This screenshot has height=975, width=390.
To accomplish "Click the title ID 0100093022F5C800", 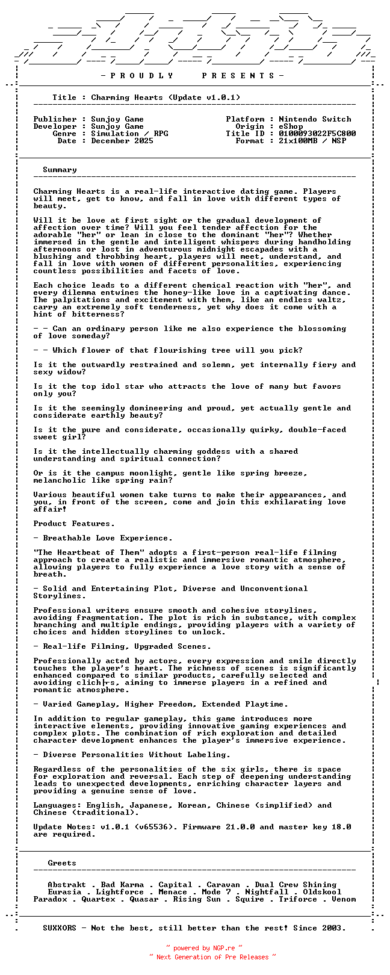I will (x=317, y=134).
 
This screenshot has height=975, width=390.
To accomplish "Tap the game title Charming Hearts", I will (x=127, y=97).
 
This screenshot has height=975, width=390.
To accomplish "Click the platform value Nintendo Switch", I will (x=315, y=119).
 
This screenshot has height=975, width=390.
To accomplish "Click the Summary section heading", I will (x=60, y=170).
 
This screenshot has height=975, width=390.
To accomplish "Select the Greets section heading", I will (x=62, y=863).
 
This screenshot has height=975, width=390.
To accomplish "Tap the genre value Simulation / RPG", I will (x=129, y=134).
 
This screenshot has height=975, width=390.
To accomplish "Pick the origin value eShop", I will (x=291, y=126).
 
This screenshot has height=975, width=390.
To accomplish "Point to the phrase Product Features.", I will (x=74, y=524).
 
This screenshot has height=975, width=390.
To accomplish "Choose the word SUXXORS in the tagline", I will (x=60, y=928).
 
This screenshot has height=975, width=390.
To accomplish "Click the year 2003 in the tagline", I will (x=334, y=928).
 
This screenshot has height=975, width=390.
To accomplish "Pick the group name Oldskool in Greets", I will (x=322, y=892).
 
